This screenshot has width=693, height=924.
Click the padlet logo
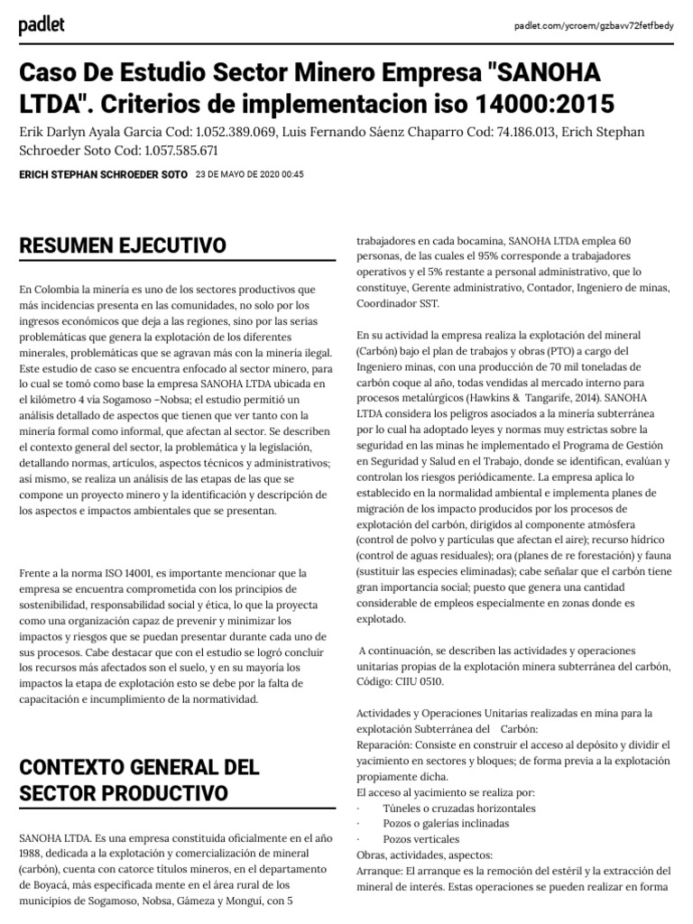42,26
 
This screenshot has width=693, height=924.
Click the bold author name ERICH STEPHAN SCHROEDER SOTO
103,174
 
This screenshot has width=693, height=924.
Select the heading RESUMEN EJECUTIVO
123,245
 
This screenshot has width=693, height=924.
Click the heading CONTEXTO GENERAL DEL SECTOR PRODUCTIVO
139,780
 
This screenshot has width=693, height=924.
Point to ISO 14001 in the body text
125,573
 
